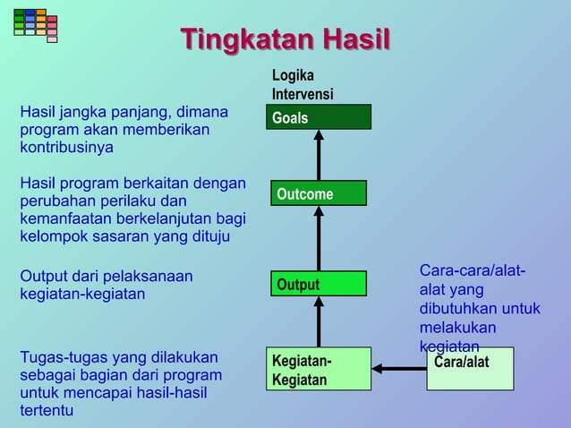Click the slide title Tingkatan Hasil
(x=285, y=41)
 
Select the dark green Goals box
(x=319, y=117)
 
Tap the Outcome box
(x=319, y=193)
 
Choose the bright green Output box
(x=319, y=284)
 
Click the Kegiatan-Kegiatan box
(x=319, y=369)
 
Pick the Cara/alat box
(x=470, y=369)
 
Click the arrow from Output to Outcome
(x=319, y=237)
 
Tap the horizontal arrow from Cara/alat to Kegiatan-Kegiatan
(x=399, y=368)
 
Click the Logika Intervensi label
(x=303, y=85)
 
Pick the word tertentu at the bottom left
(x=47, y=410)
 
